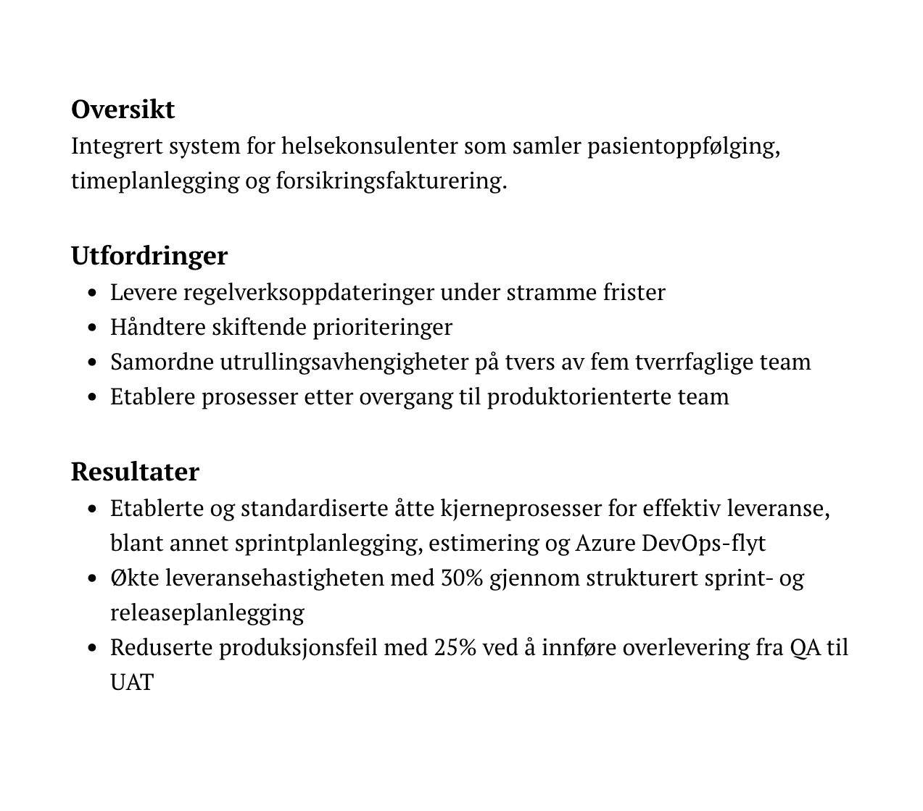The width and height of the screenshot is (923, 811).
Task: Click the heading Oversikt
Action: coord(123,109)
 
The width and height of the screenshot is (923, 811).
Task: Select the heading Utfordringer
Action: coord(149,256)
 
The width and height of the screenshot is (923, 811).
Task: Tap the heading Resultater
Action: coord(135,472)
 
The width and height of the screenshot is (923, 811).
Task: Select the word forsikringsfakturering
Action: coord(391,180)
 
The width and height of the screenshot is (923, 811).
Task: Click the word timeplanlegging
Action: coord(154,180)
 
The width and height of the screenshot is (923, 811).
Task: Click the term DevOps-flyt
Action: coord(703,543)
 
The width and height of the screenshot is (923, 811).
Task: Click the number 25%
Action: coord(455,647)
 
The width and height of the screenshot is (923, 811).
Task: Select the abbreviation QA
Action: coord(805,647)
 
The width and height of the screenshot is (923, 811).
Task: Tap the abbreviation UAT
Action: coord(132,682)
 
